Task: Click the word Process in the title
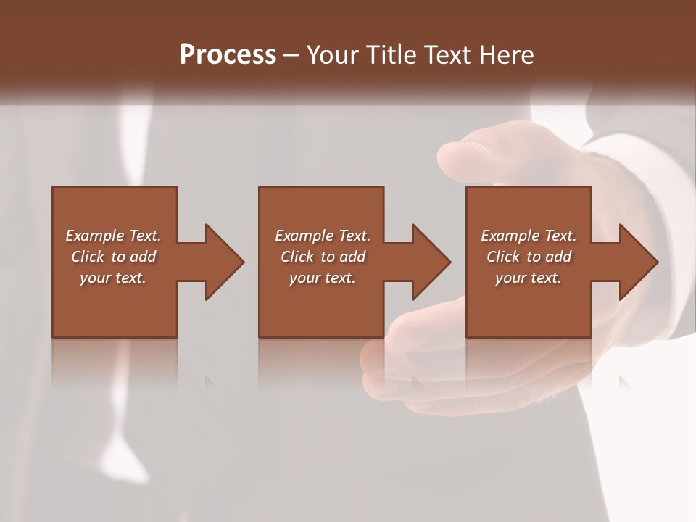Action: point(228,55)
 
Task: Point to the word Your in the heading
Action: point(334,55)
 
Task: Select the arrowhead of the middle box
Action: point(431,262)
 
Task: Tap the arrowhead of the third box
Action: point(638,262)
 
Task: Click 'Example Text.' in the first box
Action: point(113,236)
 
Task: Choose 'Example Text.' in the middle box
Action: point(323,236)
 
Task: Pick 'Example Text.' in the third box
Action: point(529,236)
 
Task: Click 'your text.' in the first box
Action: point(113,278)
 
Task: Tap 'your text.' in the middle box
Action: point(323,278)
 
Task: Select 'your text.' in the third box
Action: point(529,278)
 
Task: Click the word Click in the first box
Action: point(88,257)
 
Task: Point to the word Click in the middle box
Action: point(297,257)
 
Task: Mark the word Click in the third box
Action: point(503,257)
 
